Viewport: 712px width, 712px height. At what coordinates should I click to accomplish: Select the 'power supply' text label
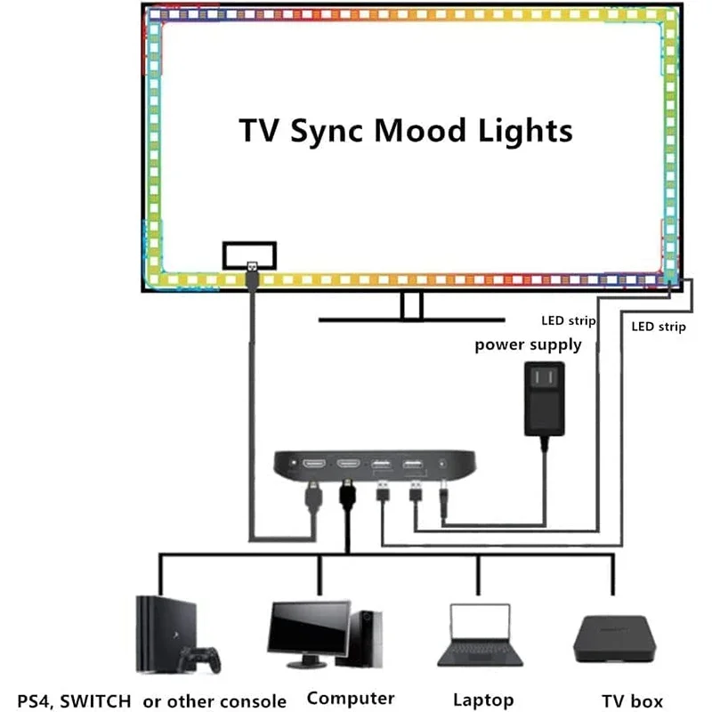click(x=528, y=344)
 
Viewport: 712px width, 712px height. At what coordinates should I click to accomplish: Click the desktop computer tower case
click(x=367, y=635)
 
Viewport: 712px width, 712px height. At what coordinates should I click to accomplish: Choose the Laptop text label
click(x=483, y=700)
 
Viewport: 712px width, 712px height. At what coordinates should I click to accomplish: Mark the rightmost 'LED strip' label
click(x=659, y=327)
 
